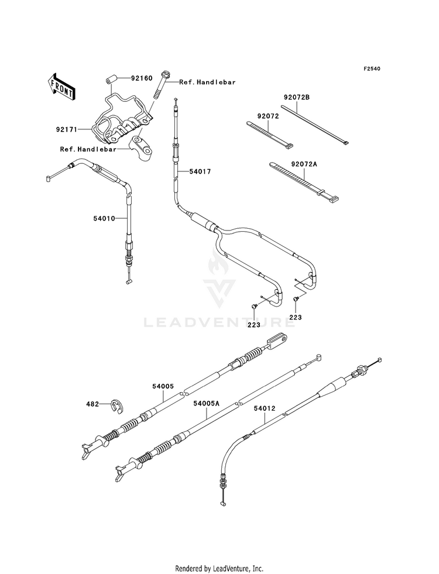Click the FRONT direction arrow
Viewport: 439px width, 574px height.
click(61, 86)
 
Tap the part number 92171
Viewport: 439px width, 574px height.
click(67, 129)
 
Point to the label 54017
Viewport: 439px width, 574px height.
click(200, 171)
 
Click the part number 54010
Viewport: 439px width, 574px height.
click(104, 219)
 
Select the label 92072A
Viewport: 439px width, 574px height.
click(304, 164)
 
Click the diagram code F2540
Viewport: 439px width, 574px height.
click(372, 68)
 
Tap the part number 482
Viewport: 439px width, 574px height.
click(92, 404)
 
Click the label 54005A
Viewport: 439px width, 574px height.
click(206, 403)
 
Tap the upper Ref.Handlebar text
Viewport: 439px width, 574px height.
click(207, 83)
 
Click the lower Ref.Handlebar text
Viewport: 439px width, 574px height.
click(88, 149)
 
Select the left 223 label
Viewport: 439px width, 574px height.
click(253, 324)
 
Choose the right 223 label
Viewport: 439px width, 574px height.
click(296, 317)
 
